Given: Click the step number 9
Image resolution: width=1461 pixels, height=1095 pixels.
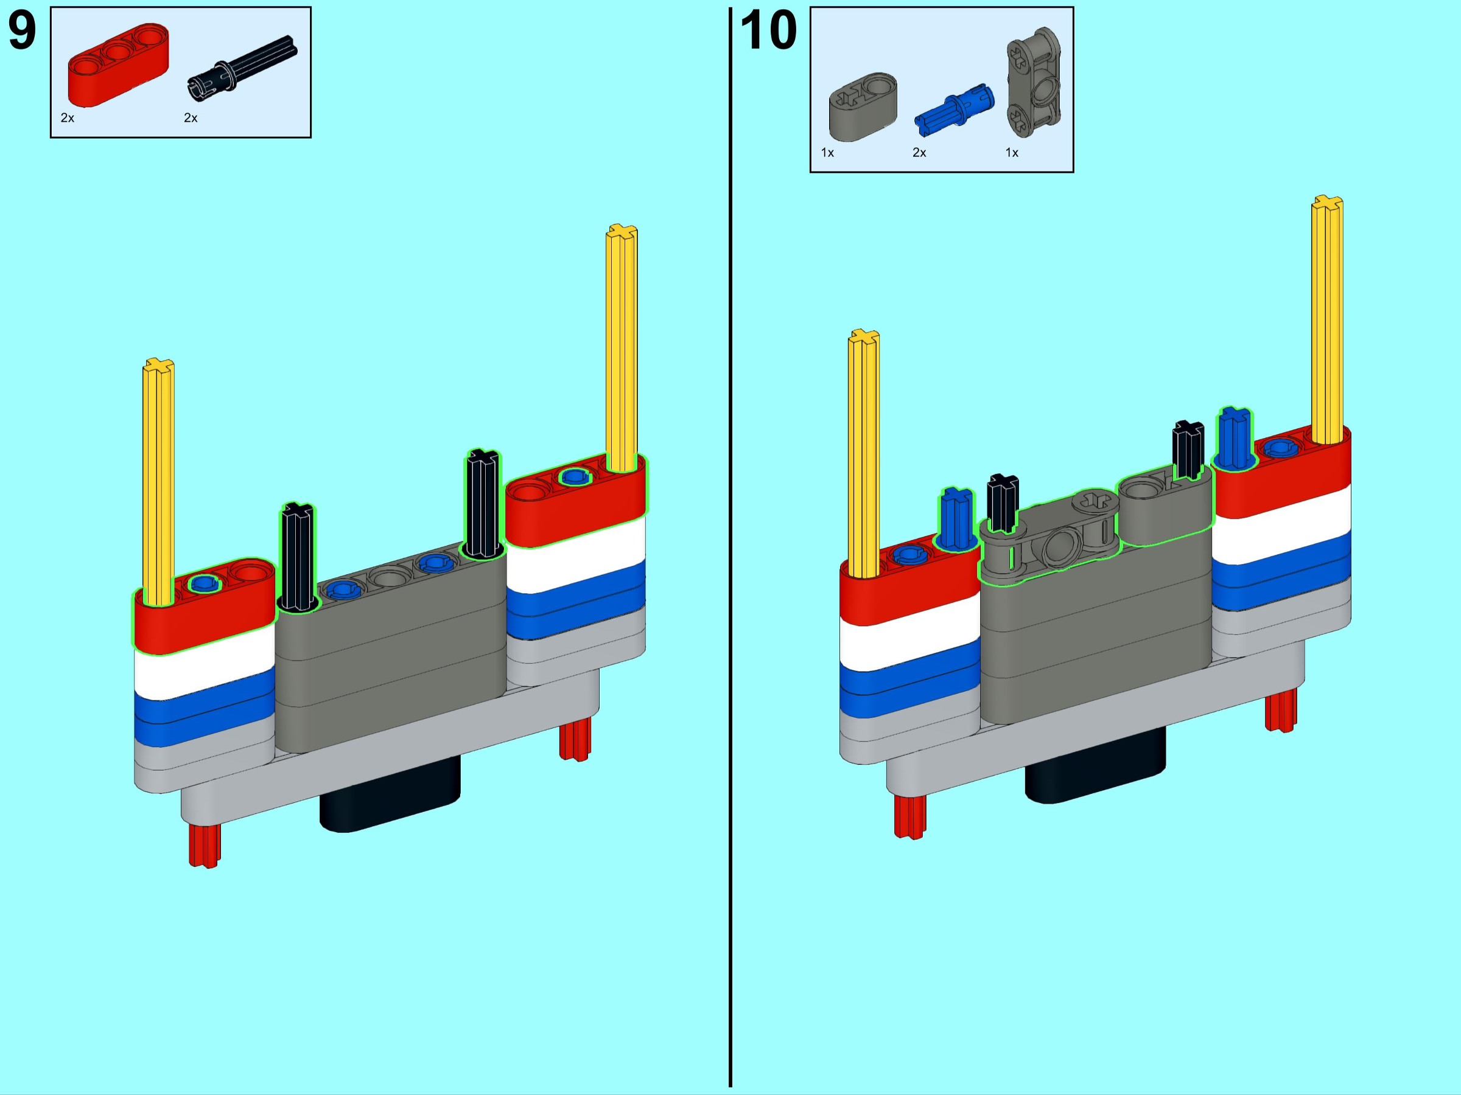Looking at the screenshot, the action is tap(22, 30).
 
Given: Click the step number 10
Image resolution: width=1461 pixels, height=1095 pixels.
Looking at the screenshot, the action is tap(769, 30).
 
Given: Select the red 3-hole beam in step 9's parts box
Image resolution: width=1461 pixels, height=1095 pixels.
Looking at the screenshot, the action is tap(118, 64).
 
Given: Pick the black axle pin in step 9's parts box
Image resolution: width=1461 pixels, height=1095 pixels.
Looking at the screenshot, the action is tap(242, 68).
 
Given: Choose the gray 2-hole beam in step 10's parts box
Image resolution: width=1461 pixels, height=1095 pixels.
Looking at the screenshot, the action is tap(863, 106).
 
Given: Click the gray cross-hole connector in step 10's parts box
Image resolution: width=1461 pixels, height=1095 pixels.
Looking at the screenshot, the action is tap(1034, 83).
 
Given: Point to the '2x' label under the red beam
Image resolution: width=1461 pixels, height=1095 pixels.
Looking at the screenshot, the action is tap(68, 118).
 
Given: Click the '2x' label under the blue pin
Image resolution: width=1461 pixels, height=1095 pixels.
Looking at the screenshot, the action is tap(919, 153).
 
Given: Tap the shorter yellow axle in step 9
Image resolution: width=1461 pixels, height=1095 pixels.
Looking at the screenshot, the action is tap(158, 482).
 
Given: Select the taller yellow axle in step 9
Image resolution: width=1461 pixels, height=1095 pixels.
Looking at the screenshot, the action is tap(622, 349).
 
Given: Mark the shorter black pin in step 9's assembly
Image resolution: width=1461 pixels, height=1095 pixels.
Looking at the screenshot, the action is tap(298, 557).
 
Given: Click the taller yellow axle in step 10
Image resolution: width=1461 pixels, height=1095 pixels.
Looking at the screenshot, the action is tap(1328, 319).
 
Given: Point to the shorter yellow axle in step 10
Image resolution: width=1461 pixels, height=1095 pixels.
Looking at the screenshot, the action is tap(864, 453).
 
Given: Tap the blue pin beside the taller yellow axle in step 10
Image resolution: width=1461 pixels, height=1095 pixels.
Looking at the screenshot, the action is tap(1235, 438).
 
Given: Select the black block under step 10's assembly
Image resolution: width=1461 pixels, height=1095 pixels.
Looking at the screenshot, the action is tap(1096, 764).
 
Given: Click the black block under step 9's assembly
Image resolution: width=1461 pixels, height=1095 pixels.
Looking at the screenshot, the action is tap(390, 794).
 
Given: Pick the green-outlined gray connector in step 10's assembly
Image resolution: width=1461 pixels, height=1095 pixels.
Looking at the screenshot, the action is tap(1050, 536).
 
